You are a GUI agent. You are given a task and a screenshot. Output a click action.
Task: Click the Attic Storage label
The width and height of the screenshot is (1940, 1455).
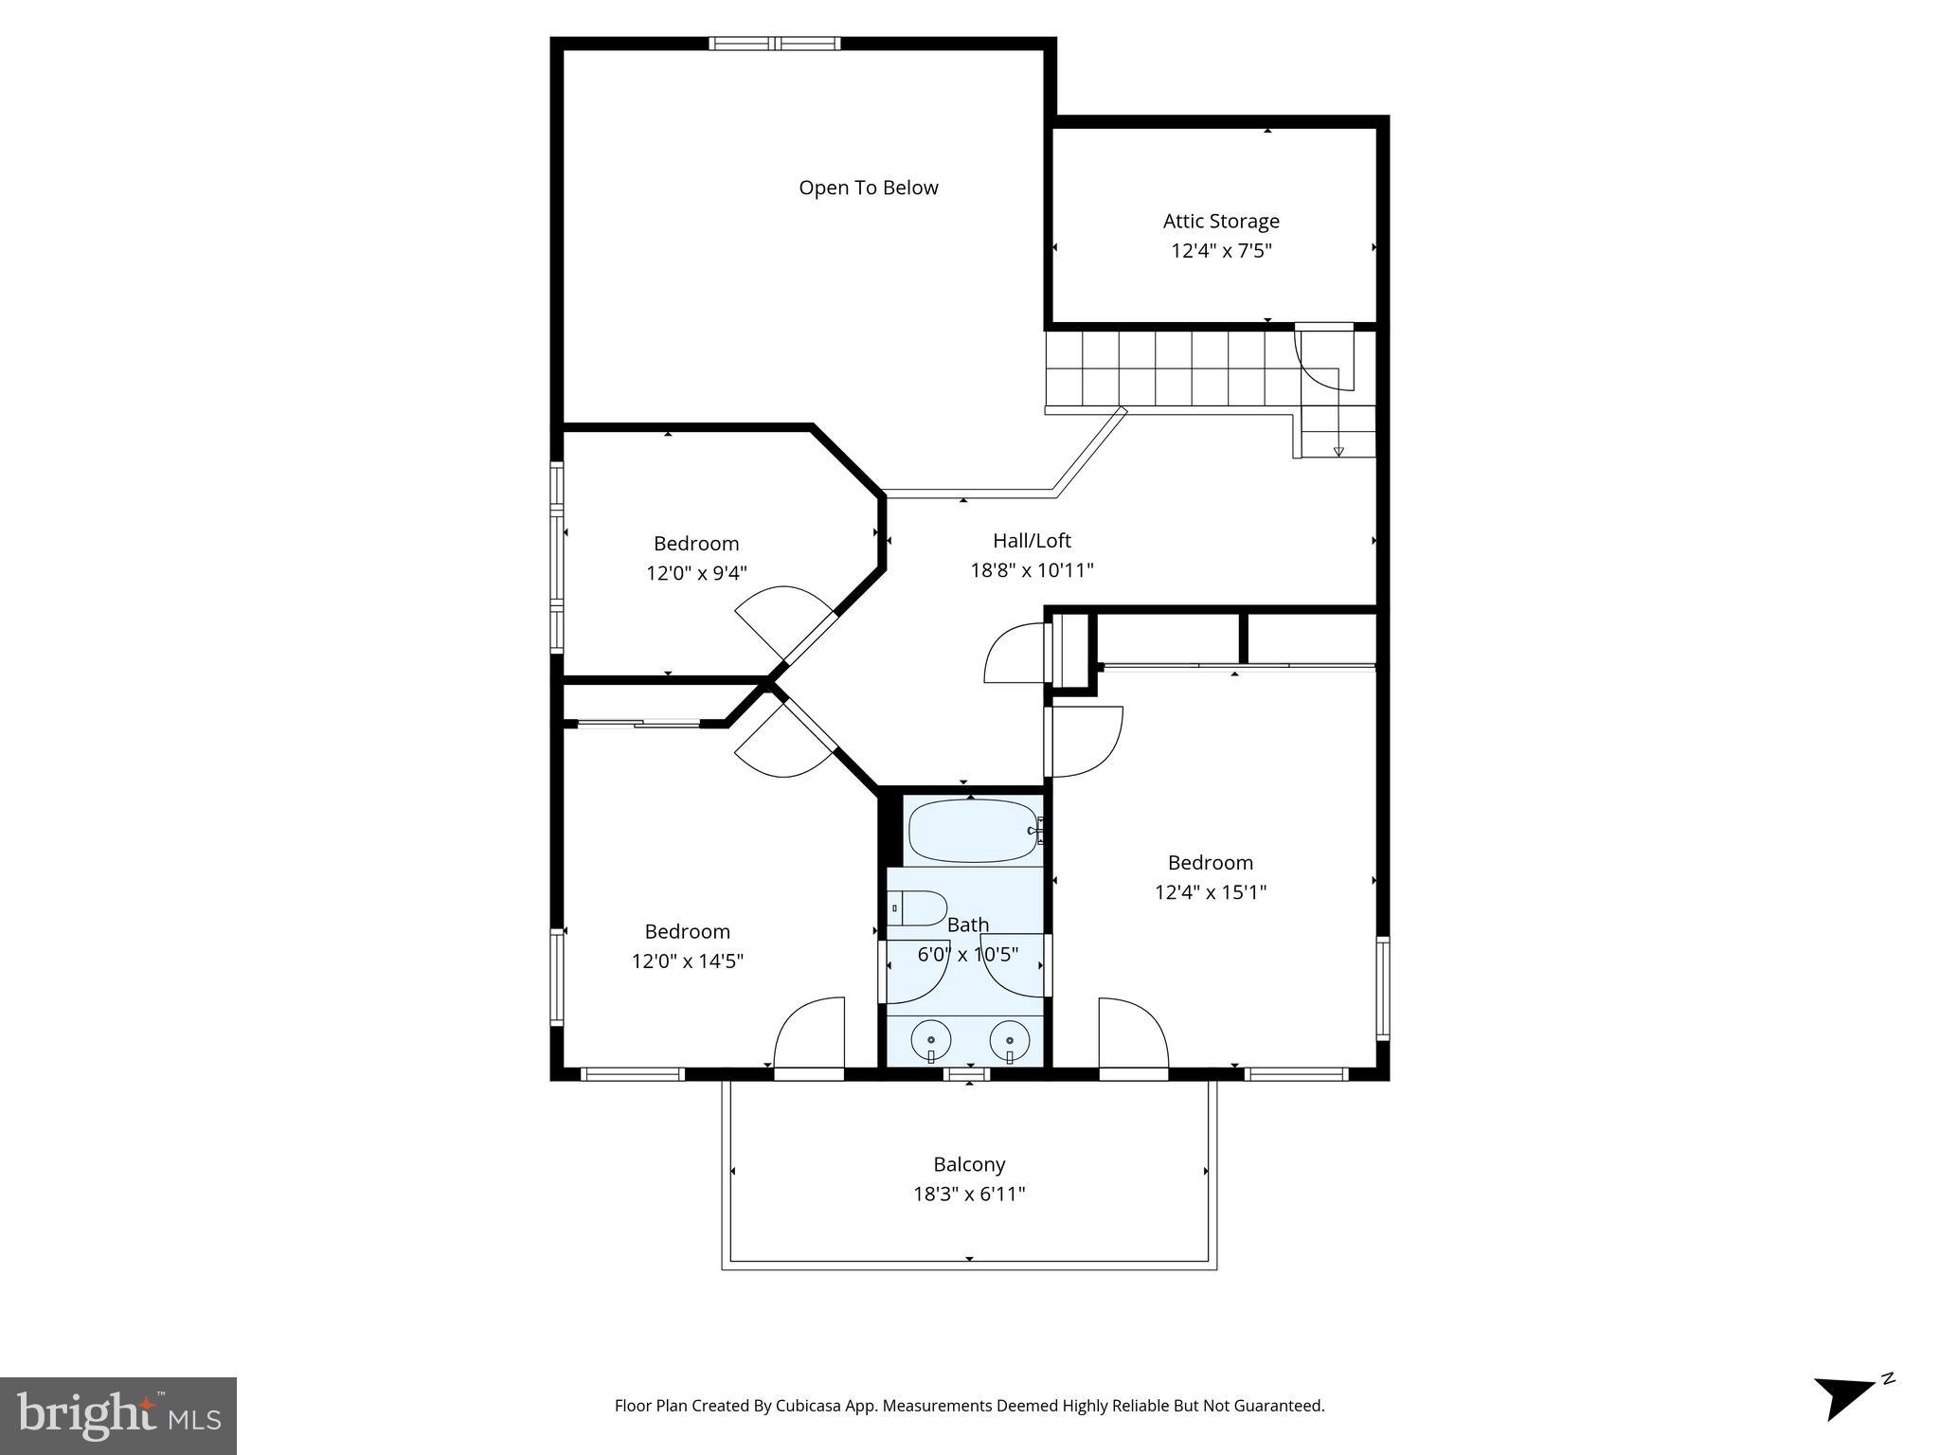point(1220,221)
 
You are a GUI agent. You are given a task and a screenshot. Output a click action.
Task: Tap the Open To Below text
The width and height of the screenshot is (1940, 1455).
point(868,188)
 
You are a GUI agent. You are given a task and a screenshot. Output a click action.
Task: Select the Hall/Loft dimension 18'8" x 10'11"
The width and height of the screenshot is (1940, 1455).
point(1032,570)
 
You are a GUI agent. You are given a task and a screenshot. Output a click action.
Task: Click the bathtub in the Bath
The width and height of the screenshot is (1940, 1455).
point(974,832)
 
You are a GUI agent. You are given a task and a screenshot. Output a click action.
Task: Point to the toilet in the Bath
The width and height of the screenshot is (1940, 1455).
point(917,907)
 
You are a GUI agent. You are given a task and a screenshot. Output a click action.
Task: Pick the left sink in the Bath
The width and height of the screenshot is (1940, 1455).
point(931,1041)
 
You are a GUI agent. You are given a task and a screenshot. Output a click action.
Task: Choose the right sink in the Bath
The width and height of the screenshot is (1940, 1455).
point(1010,1041)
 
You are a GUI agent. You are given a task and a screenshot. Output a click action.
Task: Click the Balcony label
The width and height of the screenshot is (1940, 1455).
point(968,1164)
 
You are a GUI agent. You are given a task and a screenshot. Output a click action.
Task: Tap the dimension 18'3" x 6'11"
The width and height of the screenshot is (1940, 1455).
point(968,1194)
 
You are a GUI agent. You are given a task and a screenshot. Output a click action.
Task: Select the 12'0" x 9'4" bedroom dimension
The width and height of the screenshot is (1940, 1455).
point(696,573)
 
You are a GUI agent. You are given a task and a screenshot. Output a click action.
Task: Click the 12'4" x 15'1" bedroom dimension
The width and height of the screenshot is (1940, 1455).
point(1210,892)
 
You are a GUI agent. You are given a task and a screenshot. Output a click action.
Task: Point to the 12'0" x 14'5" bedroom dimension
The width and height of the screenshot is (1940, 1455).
point(687,961)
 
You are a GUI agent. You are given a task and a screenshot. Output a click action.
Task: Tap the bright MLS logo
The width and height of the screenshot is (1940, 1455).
point(117,1415)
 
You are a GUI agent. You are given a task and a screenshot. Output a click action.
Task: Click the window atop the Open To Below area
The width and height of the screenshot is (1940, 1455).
point(775,43)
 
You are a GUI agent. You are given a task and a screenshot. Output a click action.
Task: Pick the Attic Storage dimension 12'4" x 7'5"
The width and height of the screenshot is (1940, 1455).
point(1220,251)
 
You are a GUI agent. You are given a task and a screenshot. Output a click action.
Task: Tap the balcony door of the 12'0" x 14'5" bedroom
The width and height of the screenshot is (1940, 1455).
point(809,1073)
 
